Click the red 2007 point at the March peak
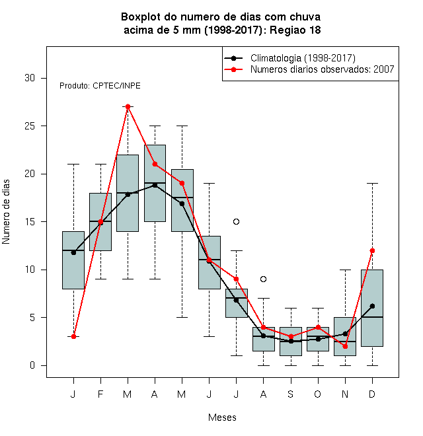(x=128, y=106)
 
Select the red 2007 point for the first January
(x=73, y=336)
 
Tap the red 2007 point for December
(x=372, y=250)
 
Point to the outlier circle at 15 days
(x=236, y=221)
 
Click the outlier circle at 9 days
(x=263, y=279)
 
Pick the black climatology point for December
(x=372, y=306)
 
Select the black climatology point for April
(x=155, y=185)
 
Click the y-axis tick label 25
(x=30, y=126)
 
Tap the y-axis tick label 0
(x=32, y=365)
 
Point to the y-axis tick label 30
(x=30, y=78)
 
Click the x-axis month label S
(x=291, y=394)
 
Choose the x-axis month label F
(x=100, y=394)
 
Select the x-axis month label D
(x=372, y=394)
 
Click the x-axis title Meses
(x=222, y=418)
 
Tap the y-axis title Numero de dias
(x=6, y=212)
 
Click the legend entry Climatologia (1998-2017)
(x=303, y=58)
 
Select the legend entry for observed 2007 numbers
(x=323, y=69)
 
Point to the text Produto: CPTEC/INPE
(x=100, y=86)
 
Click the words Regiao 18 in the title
(x=295, y=30)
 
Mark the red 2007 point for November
(x=346, y=346)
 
